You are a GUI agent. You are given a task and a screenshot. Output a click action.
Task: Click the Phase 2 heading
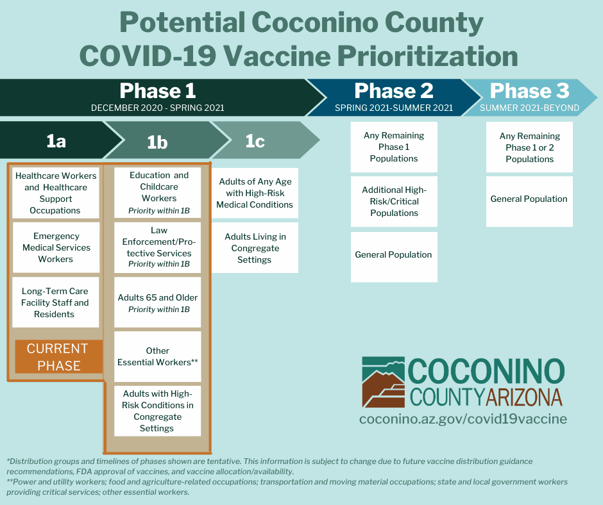tap(394, 91)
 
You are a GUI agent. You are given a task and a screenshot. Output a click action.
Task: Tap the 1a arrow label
tap(56, 141)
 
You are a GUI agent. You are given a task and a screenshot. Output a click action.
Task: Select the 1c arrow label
tap(255, 141)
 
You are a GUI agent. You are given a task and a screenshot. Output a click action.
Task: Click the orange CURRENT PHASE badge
tap(59, 357)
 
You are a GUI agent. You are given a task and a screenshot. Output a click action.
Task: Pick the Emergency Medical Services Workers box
tap(56, 247)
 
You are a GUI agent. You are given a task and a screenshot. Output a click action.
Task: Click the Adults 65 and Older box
tap(158, 302)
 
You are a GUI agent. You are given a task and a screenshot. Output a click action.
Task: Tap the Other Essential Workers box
tap(158, 357)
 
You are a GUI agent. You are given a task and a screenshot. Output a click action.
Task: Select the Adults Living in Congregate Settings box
tap(255, 248)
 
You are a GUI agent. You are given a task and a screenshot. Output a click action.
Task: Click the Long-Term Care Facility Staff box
tap(56, 302)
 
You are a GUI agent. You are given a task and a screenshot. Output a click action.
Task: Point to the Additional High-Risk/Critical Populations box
tap(394, 201)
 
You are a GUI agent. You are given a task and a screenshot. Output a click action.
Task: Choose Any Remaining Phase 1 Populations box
tap(394, 147)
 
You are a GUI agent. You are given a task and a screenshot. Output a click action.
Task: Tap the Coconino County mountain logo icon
tap(384, 382)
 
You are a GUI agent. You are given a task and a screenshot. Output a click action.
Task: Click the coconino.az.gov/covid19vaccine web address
tap(463, 418)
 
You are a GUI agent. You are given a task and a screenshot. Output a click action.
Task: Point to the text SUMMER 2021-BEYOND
tap(529, 108)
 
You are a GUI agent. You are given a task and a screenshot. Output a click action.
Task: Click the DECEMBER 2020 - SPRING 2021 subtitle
tap(158, 108)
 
